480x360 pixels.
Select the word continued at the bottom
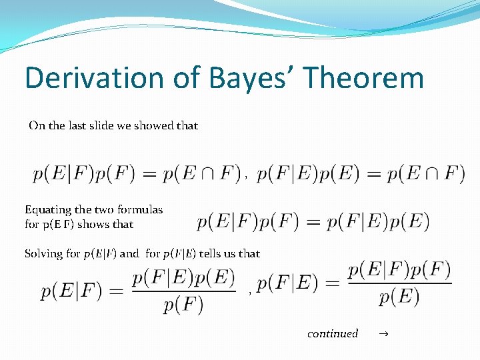point(333,333)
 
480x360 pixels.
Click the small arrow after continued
point(384,333)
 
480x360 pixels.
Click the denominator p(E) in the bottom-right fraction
point(399,297)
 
